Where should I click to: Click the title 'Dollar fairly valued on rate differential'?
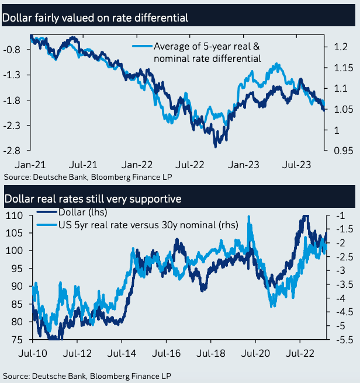click(96, 18)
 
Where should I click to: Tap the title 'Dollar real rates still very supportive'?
click(93, 199)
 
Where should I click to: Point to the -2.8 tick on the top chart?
click(13, 151)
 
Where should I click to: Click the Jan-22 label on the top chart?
click(139, 165)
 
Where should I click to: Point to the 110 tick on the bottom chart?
click(15, 216)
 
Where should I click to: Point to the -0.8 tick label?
click(13, 50)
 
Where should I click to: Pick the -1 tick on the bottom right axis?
click(342, 216)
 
